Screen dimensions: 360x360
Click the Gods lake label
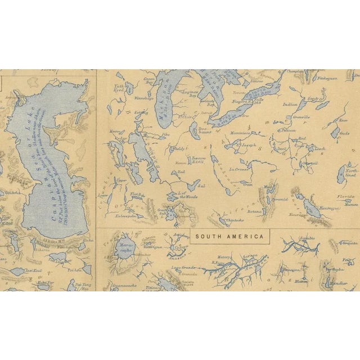[x=344, y=133]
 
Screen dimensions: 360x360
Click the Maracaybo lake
[x=125, y=248]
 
